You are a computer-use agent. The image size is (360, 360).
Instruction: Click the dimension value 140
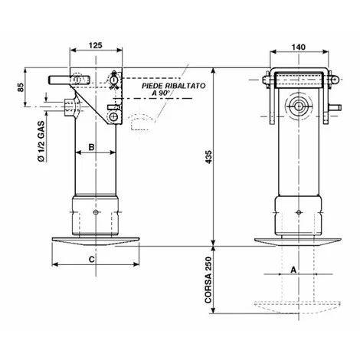(x=298, y=47)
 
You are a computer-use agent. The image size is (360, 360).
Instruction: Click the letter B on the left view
(x=90, y=146)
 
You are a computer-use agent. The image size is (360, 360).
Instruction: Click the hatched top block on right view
(x=298, y=77)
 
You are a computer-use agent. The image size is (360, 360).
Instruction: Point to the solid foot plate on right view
(x=298, y=242)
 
